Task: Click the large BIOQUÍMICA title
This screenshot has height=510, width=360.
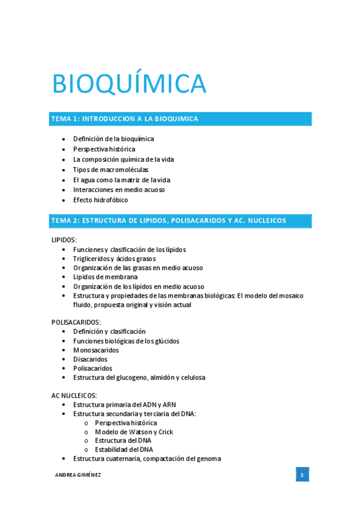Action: [x=129, y=84]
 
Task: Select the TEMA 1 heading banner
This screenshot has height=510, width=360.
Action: [x=180, y=119]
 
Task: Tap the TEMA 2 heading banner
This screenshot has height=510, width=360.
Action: [x=180, y=221]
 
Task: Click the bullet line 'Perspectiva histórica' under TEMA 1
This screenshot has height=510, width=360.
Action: [x=104, y=149]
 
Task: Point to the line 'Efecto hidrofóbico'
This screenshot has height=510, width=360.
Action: [x=100, y=200]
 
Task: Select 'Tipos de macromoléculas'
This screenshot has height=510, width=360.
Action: [x=111, y=170]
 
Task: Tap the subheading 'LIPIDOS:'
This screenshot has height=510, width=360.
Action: [x=64, y=240]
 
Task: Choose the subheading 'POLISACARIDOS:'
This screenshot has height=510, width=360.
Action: [x=76, y=322]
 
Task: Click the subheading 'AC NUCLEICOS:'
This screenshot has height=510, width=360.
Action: [x=74, y=395]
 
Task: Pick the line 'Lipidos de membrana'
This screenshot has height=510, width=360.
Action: [x=105, y=277]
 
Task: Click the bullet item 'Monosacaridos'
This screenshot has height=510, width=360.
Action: [x=96, y=350]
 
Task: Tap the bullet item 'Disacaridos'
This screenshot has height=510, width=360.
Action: [x=90, y=359]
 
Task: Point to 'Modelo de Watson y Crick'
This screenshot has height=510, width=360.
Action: [x=134, y=432]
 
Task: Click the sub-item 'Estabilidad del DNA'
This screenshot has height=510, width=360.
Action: [x=124, y=449]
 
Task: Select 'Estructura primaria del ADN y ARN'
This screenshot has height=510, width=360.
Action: [x=124, y=405]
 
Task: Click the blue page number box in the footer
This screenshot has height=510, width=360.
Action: [x=302, y=475]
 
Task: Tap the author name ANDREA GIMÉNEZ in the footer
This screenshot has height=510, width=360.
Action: [x=78, y=475]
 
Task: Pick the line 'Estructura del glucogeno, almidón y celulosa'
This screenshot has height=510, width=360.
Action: [x=139, y=378]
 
